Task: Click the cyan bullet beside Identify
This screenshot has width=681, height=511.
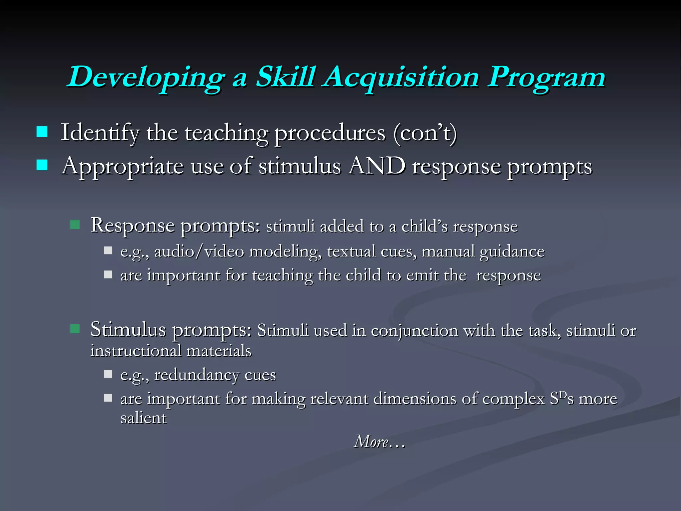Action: [x=42, y=132]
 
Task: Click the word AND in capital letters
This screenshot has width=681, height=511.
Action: [x=376, y=166]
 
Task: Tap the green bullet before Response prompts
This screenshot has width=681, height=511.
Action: [x=75, y=225]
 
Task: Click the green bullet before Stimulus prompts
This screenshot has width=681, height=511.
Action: [x=75, y=329]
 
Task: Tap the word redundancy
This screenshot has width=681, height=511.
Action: [x=196, y=375]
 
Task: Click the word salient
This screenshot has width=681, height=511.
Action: [x=143, y=418]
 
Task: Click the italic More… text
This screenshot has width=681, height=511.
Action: [x=379, y=442]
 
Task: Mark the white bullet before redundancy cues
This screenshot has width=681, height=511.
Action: [x=108, y=374]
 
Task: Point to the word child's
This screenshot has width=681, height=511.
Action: [x=424, y=227]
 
